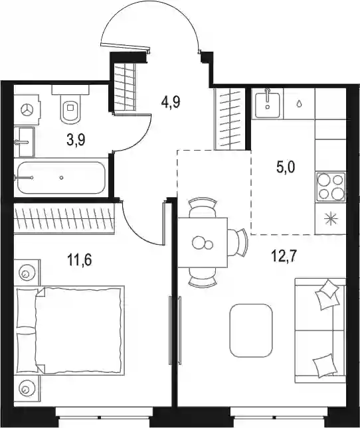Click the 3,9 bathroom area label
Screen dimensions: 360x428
click(x=76, y=140)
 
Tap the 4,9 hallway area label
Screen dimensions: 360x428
click(x=171, y=102)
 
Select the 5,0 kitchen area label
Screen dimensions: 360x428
click(x=286, y=167)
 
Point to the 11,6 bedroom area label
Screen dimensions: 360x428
click(x=80, y=259)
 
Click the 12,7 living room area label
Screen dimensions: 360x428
click(x=284, y=256)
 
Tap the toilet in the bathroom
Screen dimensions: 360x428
click(x=70, y=105)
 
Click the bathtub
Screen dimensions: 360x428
click(x=61, y=178)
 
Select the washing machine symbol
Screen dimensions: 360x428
click(x=27, y=110)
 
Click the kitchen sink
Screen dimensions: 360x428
click(x=268, y=105)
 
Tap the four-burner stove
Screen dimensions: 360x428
click(x=331, y=187)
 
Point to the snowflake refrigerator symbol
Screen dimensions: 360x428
click(x=331, y=220)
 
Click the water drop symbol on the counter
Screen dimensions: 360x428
click(x=300, y=104)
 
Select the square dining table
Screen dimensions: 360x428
click(x=203, y=243)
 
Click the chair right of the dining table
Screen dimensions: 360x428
click(x=238, y=242)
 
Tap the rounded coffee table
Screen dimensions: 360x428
click(x=251, y=330)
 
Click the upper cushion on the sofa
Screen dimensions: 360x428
click(x=327, y=294)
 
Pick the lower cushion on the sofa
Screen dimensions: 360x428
click(x=325, y=366)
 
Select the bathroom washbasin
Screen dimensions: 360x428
click(x=25, y=142)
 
